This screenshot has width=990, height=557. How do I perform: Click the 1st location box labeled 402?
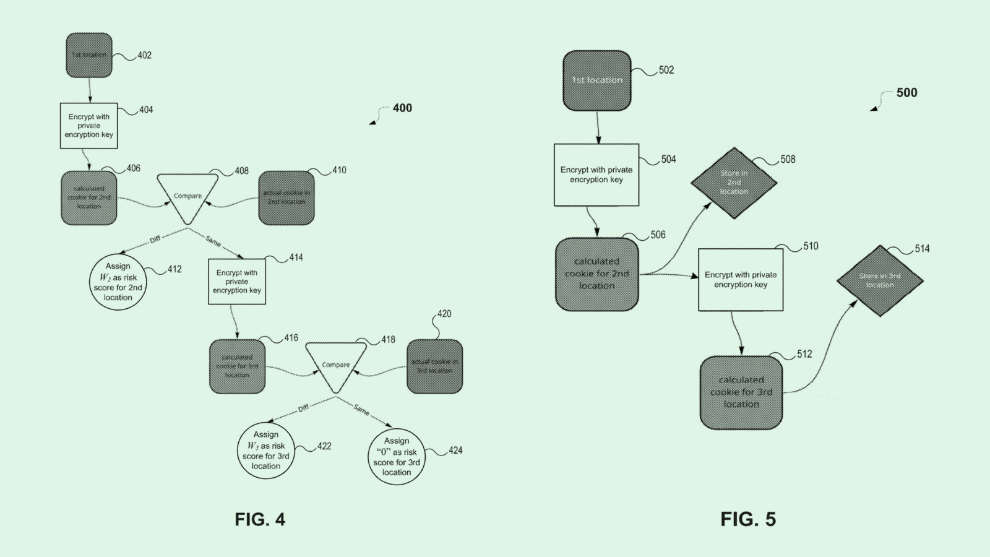coord(89,55)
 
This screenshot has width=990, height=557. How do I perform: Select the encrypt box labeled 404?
coord(88,126)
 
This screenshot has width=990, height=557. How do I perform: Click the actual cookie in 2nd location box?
coord(286,197)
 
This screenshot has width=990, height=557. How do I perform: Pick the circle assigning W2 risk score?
coord(118,282)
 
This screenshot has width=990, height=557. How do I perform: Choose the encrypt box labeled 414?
coord(237,282)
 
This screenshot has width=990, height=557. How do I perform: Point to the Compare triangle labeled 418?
coord(336,365)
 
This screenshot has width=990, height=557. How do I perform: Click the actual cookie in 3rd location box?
coord(434,366)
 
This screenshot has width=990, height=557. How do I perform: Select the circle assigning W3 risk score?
coord(266,450)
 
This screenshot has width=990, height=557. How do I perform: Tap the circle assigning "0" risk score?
coord(396,456)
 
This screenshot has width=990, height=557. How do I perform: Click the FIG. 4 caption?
coord(260,519)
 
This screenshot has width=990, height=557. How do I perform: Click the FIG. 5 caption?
coord(748,519)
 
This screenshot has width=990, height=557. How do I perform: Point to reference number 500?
coord(906,93)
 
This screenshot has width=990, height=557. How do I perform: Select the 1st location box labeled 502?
coord(596,80)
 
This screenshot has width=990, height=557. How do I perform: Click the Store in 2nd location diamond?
coord(734,183)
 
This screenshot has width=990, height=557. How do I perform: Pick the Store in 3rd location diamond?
coord(880,280)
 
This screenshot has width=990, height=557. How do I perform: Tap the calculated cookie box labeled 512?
coord(741,392)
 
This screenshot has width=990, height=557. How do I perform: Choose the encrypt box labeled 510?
coord(741,280)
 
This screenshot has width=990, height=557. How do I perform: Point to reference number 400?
coord(402,108)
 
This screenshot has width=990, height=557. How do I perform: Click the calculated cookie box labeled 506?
coord(596,274)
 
